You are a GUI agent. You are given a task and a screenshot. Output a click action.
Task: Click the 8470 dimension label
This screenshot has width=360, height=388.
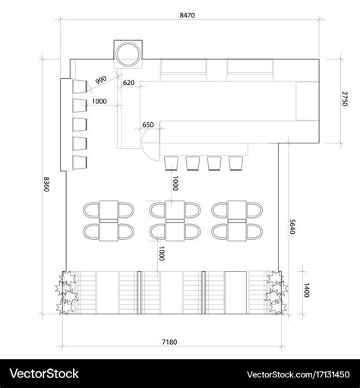click(x=187, y=15)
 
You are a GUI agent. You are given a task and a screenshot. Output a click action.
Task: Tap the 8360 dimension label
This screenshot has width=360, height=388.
click(x=46, y=184)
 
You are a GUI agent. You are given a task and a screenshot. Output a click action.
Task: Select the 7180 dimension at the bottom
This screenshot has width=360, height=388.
click(x=169, y=342)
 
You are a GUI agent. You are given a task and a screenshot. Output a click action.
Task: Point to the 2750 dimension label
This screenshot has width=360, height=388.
click(x=345, y=99)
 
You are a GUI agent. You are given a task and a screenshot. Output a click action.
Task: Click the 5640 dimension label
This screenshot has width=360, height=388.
click(x=292, y=226)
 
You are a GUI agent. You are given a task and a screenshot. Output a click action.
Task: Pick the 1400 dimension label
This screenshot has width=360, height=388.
click(x=306, y=290)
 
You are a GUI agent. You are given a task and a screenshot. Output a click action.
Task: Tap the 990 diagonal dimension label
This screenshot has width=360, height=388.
click(x=101, y=80)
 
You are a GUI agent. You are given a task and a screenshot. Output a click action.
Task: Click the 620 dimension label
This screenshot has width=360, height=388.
click(x=128, y=83)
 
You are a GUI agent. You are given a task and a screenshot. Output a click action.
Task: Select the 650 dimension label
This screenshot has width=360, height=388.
click(x=148, y=125)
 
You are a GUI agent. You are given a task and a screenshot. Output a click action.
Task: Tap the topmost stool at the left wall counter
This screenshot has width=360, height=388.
click(x=80, y=87)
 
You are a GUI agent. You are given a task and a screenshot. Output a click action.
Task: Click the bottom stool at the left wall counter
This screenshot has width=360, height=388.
click(x=80, y=162)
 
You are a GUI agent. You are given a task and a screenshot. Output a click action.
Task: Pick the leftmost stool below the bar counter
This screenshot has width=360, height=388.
click(x=172, y=163)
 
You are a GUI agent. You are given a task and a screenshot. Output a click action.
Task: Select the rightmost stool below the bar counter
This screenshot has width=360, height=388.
click(x=236, y=163)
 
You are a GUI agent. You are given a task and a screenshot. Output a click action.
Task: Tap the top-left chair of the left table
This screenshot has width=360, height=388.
click(x=91, y=210)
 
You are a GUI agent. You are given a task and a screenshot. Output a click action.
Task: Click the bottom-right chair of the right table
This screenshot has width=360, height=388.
click(x=254, y=232)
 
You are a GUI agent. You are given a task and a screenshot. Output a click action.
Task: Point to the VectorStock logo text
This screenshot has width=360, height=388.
click(x=44, y=374)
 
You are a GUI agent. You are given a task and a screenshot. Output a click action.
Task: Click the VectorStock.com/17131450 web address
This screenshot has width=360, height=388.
click(x=298, y=374)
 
